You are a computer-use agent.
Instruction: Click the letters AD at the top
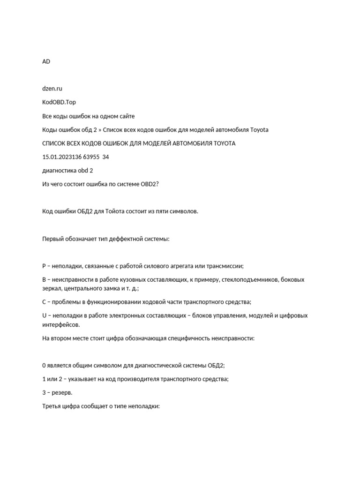[x=46, y=61]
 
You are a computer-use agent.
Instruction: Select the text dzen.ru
[x=52, y=88]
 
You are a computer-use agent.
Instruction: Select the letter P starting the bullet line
[x=44, y=266]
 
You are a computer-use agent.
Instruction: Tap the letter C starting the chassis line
[x=44, y=302]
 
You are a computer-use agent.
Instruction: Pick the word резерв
[x=63, y=393]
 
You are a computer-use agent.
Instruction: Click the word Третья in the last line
[x=52, y=406]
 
